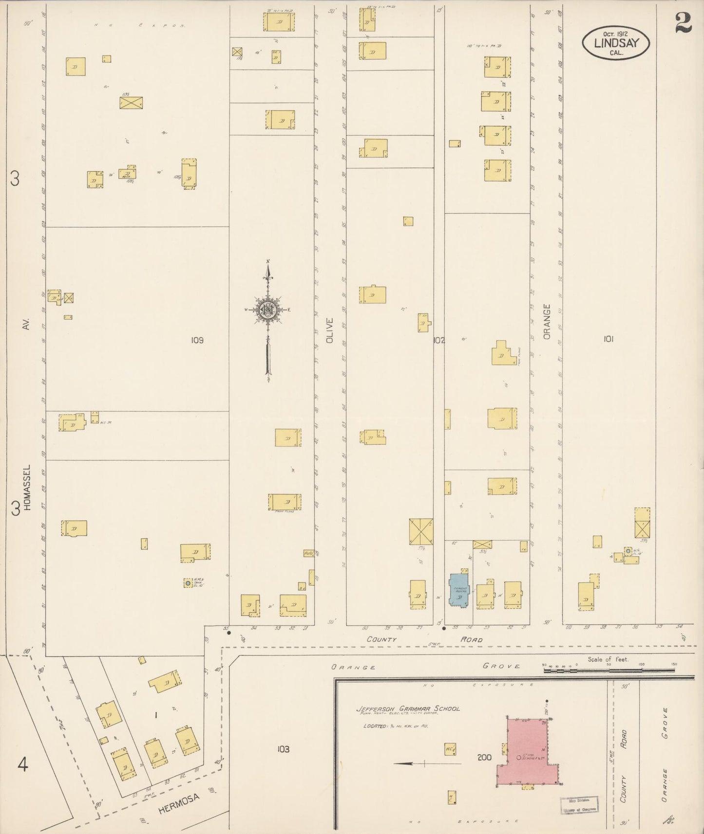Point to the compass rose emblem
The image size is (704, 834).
point(268,309)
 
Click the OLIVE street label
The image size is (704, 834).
point(330,331)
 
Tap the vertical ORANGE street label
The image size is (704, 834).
point(547,322)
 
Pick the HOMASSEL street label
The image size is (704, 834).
point(27,487)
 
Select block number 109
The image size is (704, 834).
point(197,340)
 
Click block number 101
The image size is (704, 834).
point(608,339)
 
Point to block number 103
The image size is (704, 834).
point(284,749)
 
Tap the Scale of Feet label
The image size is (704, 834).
point(608,659)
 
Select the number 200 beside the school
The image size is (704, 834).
point(484,757)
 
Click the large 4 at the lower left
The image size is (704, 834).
point(22,765)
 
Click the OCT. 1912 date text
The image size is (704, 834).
point(615,34)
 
